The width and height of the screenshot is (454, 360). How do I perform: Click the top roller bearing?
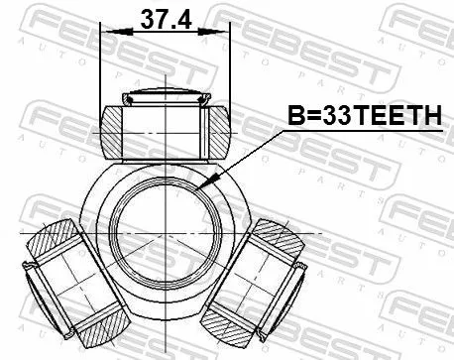click(x=165, y=125)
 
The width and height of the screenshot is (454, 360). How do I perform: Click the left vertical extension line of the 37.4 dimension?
click(x=102, y=69)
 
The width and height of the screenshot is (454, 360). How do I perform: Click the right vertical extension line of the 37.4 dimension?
click(x=229, y=69)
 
